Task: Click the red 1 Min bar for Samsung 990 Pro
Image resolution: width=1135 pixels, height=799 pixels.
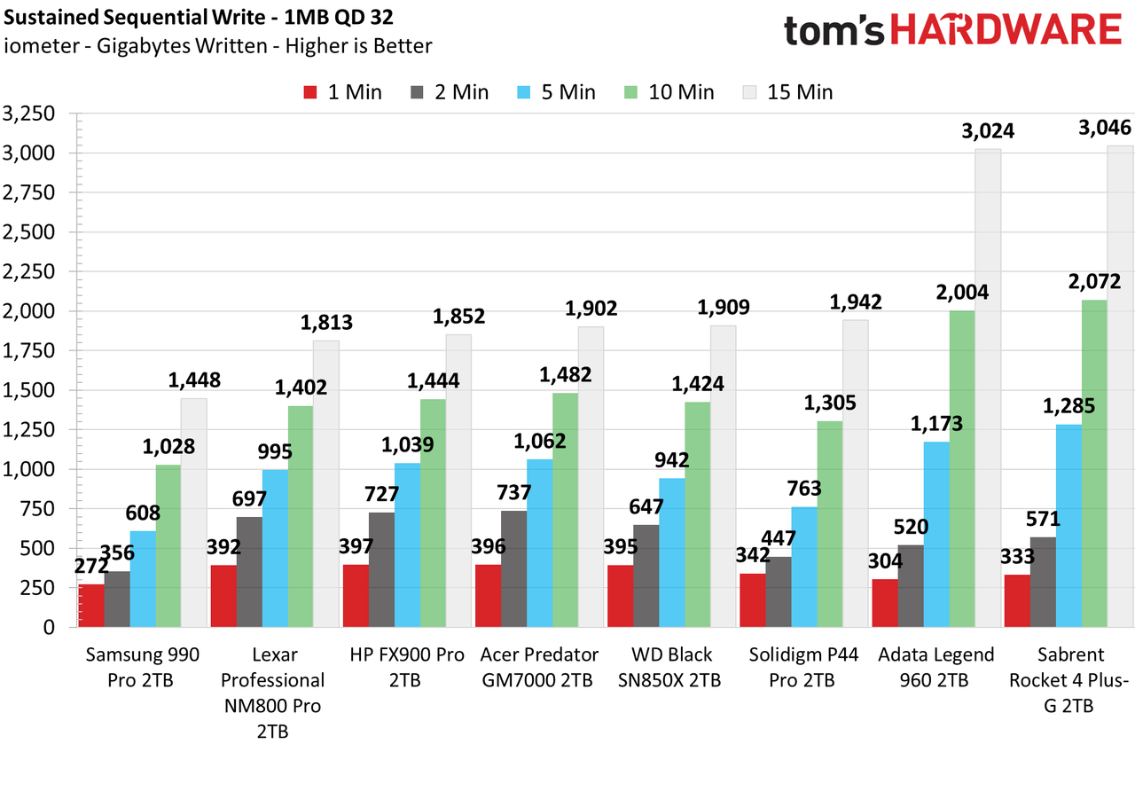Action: (91, 606)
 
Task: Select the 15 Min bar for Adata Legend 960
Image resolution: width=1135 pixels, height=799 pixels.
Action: (988, 388)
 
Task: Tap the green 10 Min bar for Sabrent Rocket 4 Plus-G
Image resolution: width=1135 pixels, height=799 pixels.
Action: (1094, 464)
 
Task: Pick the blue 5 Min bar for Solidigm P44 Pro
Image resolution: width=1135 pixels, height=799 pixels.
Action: (804, 567)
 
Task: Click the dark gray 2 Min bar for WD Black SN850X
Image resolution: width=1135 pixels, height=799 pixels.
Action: (646, 576)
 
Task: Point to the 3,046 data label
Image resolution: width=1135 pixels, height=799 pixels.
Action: (1105, 127)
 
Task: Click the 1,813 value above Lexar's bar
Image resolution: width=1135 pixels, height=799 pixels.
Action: (326, 322)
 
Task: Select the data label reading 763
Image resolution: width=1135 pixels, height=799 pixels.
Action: (804, 489)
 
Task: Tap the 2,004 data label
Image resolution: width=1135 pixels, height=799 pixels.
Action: (962, 293)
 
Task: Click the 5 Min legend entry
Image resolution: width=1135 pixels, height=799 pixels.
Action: (556, 92)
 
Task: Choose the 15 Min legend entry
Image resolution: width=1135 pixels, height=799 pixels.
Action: (788, 92)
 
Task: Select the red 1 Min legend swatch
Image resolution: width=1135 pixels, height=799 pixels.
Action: (310, 92)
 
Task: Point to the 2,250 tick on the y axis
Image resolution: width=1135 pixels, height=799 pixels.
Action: (29, 271)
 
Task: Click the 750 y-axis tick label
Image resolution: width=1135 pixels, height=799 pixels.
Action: (37, 509)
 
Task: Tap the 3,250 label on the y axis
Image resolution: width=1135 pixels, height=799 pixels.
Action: (29, 114)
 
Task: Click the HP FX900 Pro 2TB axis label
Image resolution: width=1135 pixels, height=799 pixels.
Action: (407, 667)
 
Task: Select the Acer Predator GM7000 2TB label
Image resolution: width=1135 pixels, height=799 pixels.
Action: (539, 667)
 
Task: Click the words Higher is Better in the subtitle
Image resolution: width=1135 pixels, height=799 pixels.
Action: (359, 46)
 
